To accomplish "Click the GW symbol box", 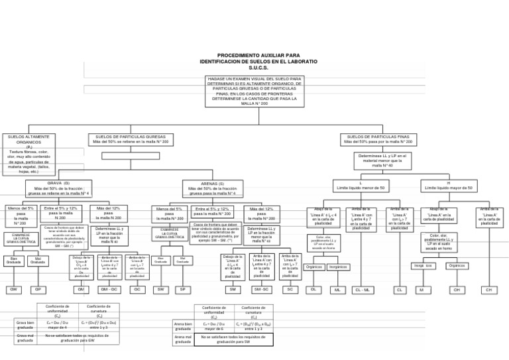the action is coord(13,290).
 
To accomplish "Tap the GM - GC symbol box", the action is coord(109,290).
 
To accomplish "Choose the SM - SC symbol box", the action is coord(261,290).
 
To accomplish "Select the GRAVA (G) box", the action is coord(58,188).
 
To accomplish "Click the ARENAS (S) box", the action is coord(212,188).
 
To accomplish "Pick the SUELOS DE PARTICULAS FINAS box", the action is coord(378,139).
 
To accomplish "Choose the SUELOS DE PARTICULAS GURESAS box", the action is coord(131,139).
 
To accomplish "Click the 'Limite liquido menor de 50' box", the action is coord(360,186).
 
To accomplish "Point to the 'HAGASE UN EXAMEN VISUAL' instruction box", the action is coord(254,91).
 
